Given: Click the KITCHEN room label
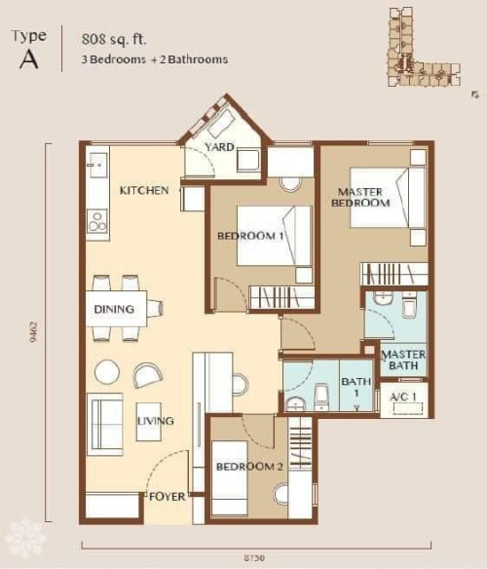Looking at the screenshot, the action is [144, 190].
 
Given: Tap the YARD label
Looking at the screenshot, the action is [219, 147].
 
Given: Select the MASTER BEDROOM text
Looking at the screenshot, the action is [360, 197].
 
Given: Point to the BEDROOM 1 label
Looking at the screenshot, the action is [250, 236].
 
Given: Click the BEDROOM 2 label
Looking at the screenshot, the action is [249, 467].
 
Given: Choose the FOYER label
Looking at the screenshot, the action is [167, 497].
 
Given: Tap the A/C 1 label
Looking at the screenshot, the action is [404, 397].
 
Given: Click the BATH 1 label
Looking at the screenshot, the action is [356, 387].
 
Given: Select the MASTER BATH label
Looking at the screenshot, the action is [403, 360].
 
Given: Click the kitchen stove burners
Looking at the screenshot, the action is [97, 222].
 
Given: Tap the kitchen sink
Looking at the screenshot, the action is [98, 165].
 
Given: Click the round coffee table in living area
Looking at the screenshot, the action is [107, 371].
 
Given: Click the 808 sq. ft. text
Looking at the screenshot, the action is [114, 39].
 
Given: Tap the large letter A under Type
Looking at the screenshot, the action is [28, 59].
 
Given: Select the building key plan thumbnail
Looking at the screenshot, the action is [424, 47].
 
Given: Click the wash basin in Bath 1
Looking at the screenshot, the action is [296, 403].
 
